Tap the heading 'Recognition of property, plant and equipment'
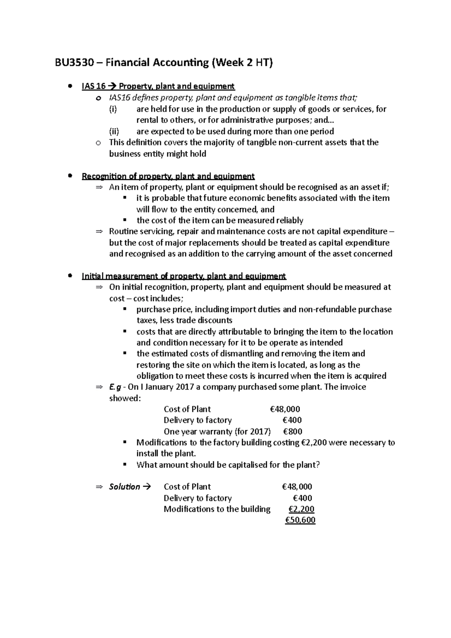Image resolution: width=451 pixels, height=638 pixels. point(168,176)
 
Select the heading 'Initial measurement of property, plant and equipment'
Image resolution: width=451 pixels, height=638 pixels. point(184,277)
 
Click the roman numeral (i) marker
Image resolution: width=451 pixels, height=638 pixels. point(113,109)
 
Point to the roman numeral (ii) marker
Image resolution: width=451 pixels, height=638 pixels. point(114,132)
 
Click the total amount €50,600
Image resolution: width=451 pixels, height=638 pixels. point(300,520)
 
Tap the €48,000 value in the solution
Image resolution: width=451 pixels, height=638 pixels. point(297,487)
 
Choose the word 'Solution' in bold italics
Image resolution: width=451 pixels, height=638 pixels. point(124,487)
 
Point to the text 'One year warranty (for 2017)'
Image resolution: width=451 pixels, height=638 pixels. point(217,431)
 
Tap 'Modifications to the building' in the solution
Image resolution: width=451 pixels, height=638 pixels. point(217,509)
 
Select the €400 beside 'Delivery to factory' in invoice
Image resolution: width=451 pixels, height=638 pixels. point(292,420)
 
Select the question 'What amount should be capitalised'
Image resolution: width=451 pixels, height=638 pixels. point(228,465)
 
